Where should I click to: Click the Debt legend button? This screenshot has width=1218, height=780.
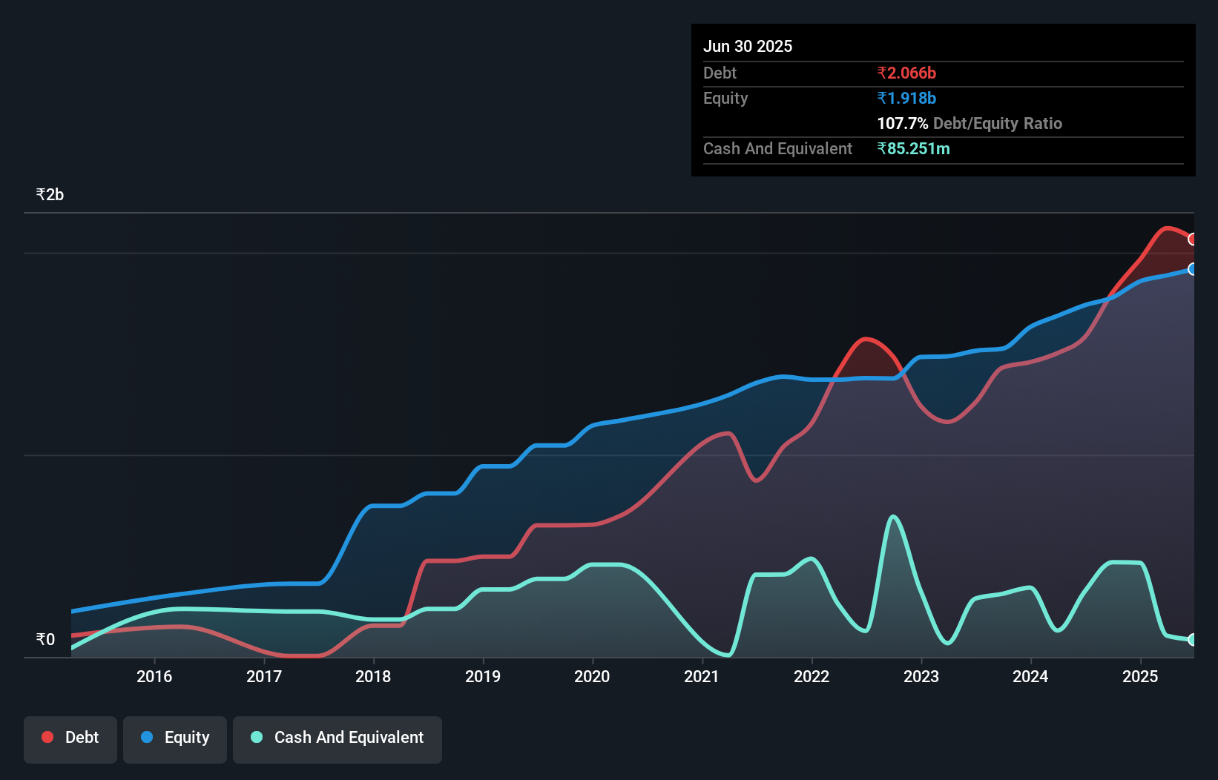pyautogui.click(x=70, y=738)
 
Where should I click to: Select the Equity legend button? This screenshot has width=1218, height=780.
pyautogui.click(x=175, y=738)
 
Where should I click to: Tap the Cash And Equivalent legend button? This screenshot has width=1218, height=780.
pyautogui.click(x=338, y=738)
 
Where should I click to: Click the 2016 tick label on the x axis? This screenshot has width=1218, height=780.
pyautogui.click(x=154, y=676)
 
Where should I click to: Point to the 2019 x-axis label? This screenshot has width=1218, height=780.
pyautogui.click(x=483, y=676)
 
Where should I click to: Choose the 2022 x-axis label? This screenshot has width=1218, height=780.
pyautogui.click(x=812, y=676)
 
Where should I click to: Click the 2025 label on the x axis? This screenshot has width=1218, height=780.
pyautogui.click(x=1140, y=676)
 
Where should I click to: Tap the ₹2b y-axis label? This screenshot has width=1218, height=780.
pyautogui.click(x=50, y=195)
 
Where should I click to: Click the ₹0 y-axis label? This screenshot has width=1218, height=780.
pyautogui.click(x=45, y=639)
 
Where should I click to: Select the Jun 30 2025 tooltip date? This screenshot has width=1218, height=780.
pyautogui.click(x=748, y=46)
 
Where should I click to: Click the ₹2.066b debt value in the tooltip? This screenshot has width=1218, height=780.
pyautogui.click(x=906, y=73)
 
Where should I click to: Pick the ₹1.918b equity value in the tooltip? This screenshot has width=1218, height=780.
pyautogui.click(x=906, y=98)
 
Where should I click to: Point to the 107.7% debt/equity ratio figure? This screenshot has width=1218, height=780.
pyautogui.click(x=903, y=123)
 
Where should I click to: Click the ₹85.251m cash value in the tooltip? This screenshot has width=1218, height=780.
pyautogui.click(x=913, y=148)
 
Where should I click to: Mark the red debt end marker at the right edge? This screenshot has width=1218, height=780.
pyautogui.click(x=1192, y=239)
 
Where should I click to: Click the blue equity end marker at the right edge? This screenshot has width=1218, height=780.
pyautogui.click(x=1192, y=269)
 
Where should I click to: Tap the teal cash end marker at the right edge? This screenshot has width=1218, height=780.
pyautogui.click(x=1192, y=640)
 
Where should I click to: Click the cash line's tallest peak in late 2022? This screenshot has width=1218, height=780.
pyautogui.click(x=893, y=517)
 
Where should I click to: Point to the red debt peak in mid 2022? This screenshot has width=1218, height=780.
pyautogui.click(x=866, y=340)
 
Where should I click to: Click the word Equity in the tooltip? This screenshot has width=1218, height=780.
pyautogui.click(x=725, y=98)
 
